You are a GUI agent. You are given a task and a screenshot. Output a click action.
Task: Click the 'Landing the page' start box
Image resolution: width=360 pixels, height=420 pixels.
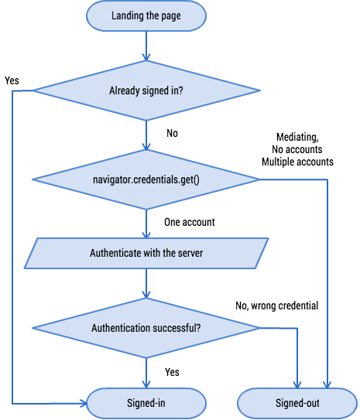pyautogui.click(x=146, y=15)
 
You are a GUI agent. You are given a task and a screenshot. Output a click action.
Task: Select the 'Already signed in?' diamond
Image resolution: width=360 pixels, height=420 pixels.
pyautogui.click(x=146, y=90)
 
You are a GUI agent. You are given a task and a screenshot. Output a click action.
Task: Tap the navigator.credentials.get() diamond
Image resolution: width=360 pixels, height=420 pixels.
pyautogui.click(x=146, y=180)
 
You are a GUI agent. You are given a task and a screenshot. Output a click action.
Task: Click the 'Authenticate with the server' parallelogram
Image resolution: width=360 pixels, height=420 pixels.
pyautogui.click(x=146, y=253)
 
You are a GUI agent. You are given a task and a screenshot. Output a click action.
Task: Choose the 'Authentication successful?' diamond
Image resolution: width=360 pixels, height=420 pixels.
pyautogui.click(x=146, y=328)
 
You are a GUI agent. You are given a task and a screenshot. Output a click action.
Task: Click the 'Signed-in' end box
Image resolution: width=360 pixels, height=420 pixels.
pyautogui.click(x=146, y=403)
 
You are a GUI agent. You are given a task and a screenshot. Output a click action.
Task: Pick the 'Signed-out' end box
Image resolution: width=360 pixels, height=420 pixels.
pyautogui.click(x=297, y=403)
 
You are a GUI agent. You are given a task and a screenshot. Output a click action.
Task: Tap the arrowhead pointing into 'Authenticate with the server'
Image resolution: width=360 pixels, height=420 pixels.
pyautogui.click(x=146, y=234)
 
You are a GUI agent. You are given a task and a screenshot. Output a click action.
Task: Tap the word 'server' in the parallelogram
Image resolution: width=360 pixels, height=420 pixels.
pyautogui.click(x=189, y=253)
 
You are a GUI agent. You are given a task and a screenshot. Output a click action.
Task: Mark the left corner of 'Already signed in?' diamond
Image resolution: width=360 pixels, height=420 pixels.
pyautogui.click(x=33, y=90)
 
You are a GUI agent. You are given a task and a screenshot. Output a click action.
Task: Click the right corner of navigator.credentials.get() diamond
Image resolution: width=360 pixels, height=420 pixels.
pyautogui.click(x=259, y=180)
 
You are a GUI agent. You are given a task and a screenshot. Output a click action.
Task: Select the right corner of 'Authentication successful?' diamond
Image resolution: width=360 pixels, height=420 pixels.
pyautogui.click(x=259, y=328)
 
